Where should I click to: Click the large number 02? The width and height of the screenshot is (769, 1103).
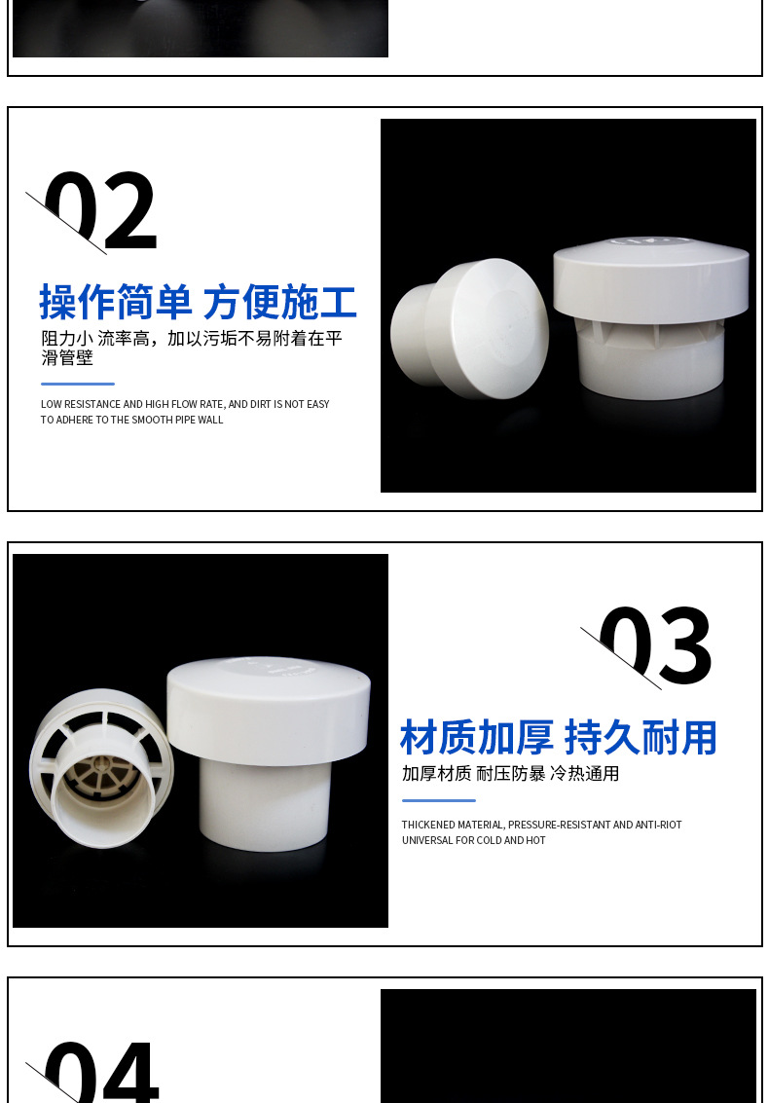(x=101, y=212)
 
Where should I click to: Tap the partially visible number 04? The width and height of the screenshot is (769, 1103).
(x=101, y=1071)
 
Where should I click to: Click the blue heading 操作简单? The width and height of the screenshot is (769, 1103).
(x=116, y=303)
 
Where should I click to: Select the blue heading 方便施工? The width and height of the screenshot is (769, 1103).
(x=280, y=303)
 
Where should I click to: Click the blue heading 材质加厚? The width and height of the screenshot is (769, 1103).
(x=477, y=738)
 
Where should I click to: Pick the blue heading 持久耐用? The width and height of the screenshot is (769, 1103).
(x=641, y=738)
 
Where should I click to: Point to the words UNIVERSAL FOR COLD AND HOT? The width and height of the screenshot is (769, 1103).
(x=474, y=840)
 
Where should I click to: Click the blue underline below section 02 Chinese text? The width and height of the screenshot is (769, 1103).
(x=78, y=384)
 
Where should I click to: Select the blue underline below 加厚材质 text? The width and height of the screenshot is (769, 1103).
(x=438, y=800)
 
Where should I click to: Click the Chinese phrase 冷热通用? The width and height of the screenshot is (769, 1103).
(x=585, y=774)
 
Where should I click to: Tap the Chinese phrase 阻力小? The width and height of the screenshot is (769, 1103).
(x=66, y=339)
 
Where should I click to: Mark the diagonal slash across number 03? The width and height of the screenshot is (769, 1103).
(x=620, y=658)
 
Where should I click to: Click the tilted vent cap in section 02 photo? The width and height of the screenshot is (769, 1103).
(x=469, y=329)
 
